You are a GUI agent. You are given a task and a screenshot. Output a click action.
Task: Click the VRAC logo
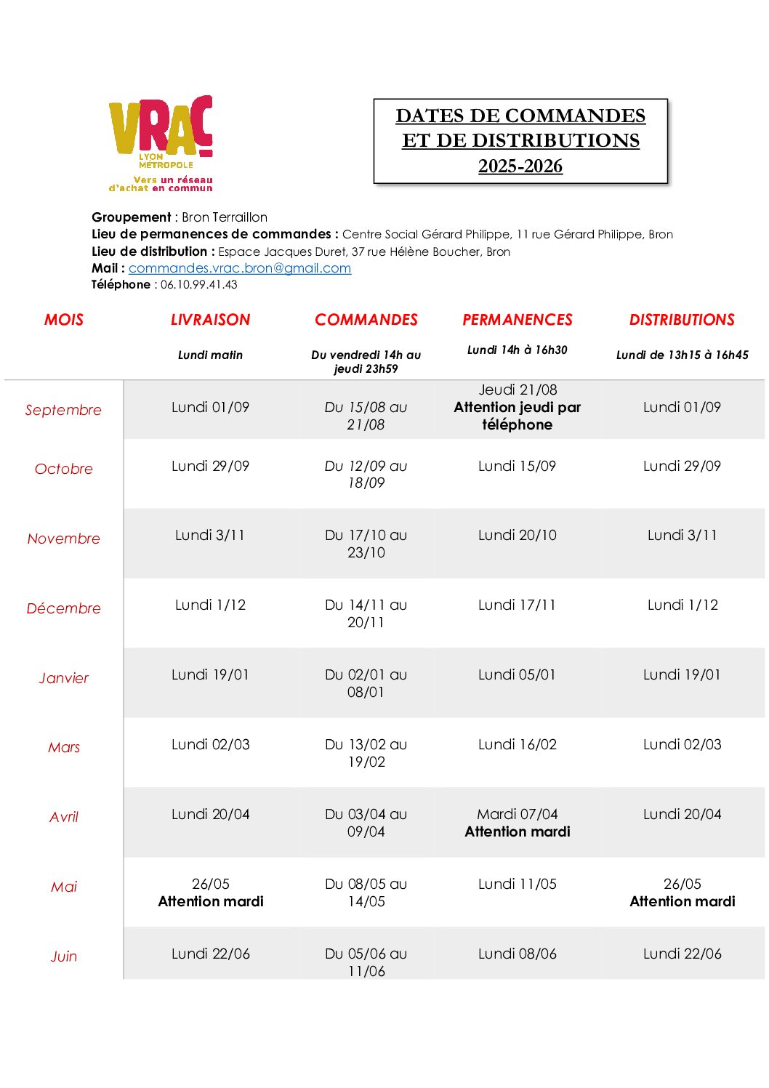click(x=161, y=142)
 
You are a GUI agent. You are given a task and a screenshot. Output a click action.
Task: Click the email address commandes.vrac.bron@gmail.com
click(x=240, y=268)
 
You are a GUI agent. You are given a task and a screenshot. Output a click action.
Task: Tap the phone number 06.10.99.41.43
click(x=198, y=285)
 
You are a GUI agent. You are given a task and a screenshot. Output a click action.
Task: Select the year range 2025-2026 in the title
click(x=520, y=166)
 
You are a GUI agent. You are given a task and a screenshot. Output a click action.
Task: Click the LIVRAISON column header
click(x=210, y=320)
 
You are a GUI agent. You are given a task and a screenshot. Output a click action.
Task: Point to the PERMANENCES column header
click(x=518, y=320)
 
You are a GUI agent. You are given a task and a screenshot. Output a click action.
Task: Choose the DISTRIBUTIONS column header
click(x=682, y=320)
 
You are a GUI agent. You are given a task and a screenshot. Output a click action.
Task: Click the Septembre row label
click(x=63, y=410)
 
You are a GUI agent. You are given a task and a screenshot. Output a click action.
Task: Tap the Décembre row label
click(x=63, y=608)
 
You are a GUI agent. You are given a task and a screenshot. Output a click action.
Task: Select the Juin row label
click(x=63, y=956)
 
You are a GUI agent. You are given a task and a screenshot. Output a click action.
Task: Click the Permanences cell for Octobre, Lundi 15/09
click(x=517, y=466)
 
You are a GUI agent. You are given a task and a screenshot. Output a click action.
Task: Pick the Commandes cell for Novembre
click(x=366, y=544)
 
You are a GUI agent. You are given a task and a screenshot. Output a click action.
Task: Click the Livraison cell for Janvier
click(x=210, y=674)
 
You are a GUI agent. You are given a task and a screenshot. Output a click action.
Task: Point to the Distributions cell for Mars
click(x=682, y=744)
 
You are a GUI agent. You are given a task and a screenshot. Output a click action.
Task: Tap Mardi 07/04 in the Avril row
click(x=517, y=814)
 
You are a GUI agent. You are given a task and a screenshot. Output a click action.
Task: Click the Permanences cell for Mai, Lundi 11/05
click(x=517, y=884)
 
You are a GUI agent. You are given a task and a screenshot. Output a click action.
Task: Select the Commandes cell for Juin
click(x=366, y=962)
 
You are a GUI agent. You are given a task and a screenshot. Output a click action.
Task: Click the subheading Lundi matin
click(x=210, y=355)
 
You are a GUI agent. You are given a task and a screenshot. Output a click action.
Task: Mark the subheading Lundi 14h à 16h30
click(x=517, y=350)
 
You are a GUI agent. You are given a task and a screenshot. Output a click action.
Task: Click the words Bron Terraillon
click(x=225, y=217)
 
